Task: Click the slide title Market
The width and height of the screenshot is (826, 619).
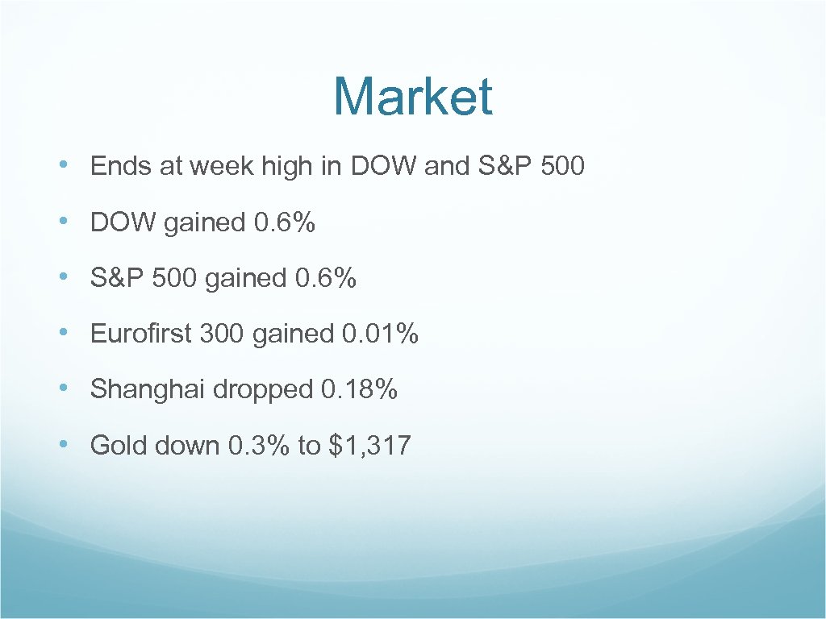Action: tap(412, 97)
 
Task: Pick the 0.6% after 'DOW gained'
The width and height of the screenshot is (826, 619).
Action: tap(284, 222)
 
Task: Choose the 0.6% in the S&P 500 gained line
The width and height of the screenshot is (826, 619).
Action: tap(325, 278)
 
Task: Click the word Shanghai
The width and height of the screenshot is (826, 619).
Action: tap(148, 389)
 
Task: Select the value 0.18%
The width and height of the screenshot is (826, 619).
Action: tap(359, 389)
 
